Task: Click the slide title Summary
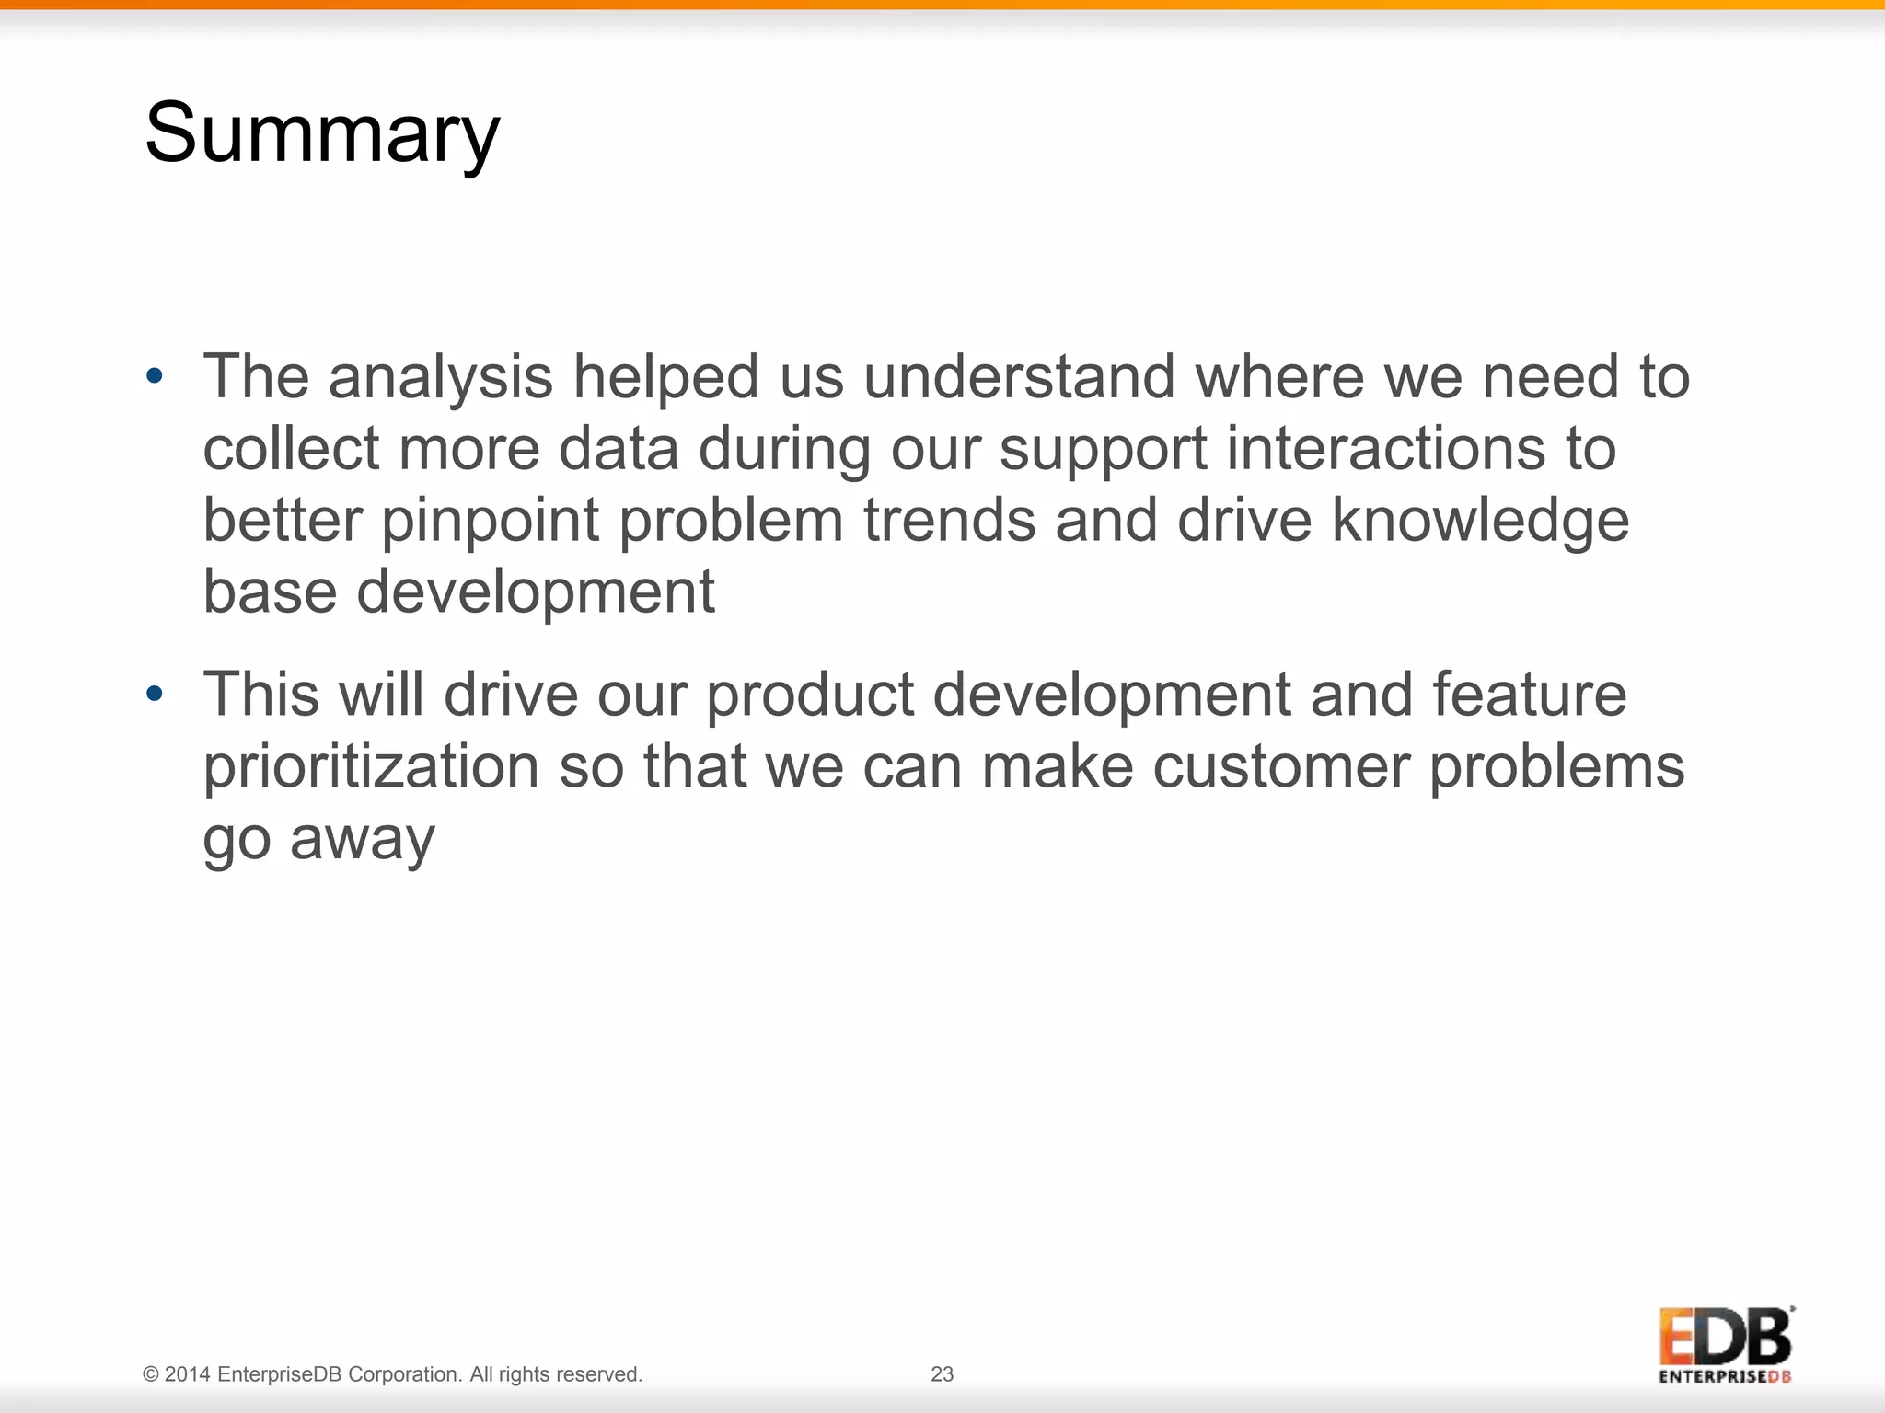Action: click(321, 133)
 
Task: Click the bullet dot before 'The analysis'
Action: click(155, 376)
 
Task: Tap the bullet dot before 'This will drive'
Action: click(155, 694)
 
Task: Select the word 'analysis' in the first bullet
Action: click(440, 378)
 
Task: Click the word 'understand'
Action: click(1019, 378)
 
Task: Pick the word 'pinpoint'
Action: click(490, 522)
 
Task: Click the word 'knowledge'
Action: click(1480, 522)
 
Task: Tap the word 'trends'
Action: click(949, 520)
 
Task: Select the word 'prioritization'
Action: click(370, 767)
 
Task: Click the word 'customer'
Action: click(1280, 767)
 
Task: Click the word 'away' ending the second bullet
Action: click(362, 840)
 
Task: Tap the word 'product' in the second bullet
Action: click(809, 695)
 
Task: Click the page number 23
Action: click(942, 1373)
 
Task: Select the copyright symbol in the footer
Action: click(151, 1374)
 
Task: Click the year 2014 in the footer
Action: click(187, 1374)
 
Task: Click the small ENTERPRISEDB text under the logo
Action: click(1725, 1377)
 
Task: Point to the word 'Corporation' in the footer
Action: click(404, 1374)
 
